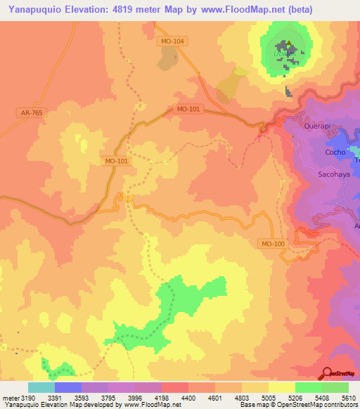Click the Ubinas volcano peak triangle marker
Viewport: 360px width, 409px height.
coord(286,48)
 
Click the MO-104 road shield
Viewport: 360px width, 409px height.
coord(172,41)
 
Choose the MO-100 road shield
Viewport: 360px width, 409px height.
coord(272,243)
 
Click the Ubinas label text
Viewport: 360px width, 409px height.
coord(280,55)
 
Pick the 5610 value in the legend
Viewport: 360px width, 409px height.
coord(349,398)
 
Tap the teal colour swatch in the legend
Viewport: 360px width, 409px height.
coord(41,387)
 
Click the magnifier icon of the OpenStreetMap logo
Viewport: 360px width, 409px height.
coord(326,373)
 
